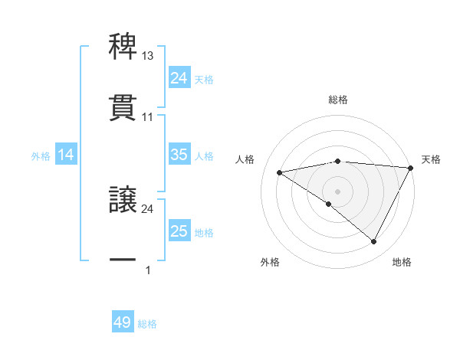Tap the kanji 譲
coord(123,200)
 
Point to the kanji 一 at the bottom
coord(123,260)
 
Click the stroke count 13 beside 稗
coord(148,57)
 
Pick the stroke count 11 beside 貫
coord(148,117)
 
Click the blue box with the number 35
coord(179,155)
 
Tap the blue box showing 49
coord(123,322)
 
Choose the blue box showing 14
coord(66,155)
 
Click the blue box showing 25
coord(179,231)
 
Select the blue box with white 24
coord(179,78)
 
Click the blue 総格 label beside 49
coord(148,324)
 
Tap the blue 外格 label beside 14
coord(41,156)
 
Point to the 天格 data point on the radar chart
coord(412,169)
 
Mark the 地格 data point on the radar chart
coord(374,242)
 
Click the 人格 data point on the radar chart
coord(280,172)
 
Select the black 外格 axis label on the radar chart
coord(270,262)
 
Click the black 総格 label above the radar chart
coord(338,100)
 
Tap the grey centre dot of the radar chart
coord(338,191)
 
